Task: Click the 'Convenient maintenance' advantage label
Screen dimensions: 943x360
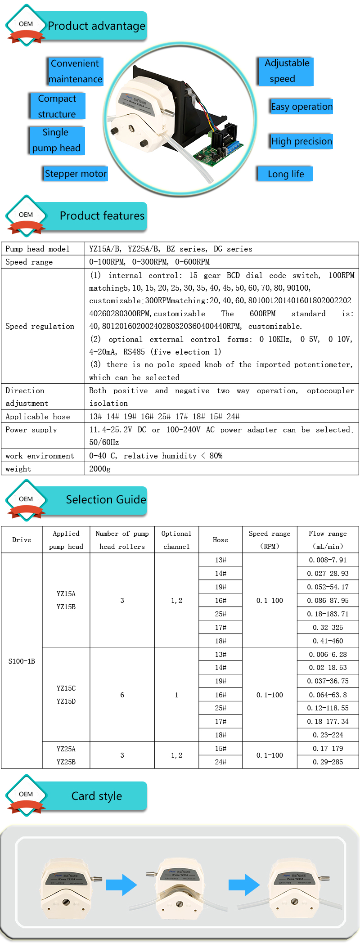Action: [76, 71]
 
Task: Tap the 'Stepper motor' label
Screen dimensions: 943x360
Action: [76, 174]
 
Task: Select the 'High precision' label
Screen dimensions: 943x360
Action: [301, 141]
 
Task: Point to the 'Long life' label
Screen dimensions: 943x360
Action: [285, 174]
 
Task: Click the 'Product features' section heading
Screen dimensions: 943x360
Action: [102, 216]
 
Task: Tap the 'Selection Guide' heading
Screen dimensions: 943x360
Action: [106, 500]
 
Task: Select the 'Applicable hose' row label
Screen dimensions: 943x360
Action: [38, 417]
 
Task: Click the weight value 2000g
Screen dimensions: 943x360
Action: [100, 469]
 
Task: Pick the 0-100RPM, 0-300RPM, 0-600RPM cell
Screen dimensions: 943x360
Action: [149, 262]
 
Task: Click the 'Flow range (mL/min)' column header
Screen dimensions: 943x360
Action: [328, 540]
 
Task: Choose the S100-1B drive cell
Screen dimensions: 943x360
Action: [22, 661]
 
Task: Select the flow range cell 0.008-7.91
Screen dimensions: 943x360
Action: [328, 560]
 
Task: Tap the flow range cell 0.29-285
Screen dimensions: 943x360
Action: [328, 762]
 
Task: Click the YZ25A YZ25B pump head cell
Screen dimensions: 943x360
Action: [66, 755]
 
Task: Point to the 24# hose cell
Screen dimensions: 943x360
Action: [220, 762]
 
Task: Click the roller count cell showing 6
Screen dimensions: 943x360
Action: [122, 695]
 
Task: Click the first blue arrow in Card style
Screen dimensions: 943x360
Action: [121, 885]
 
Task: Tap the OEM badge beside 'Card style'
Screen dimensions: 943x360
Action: [26, 795]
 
